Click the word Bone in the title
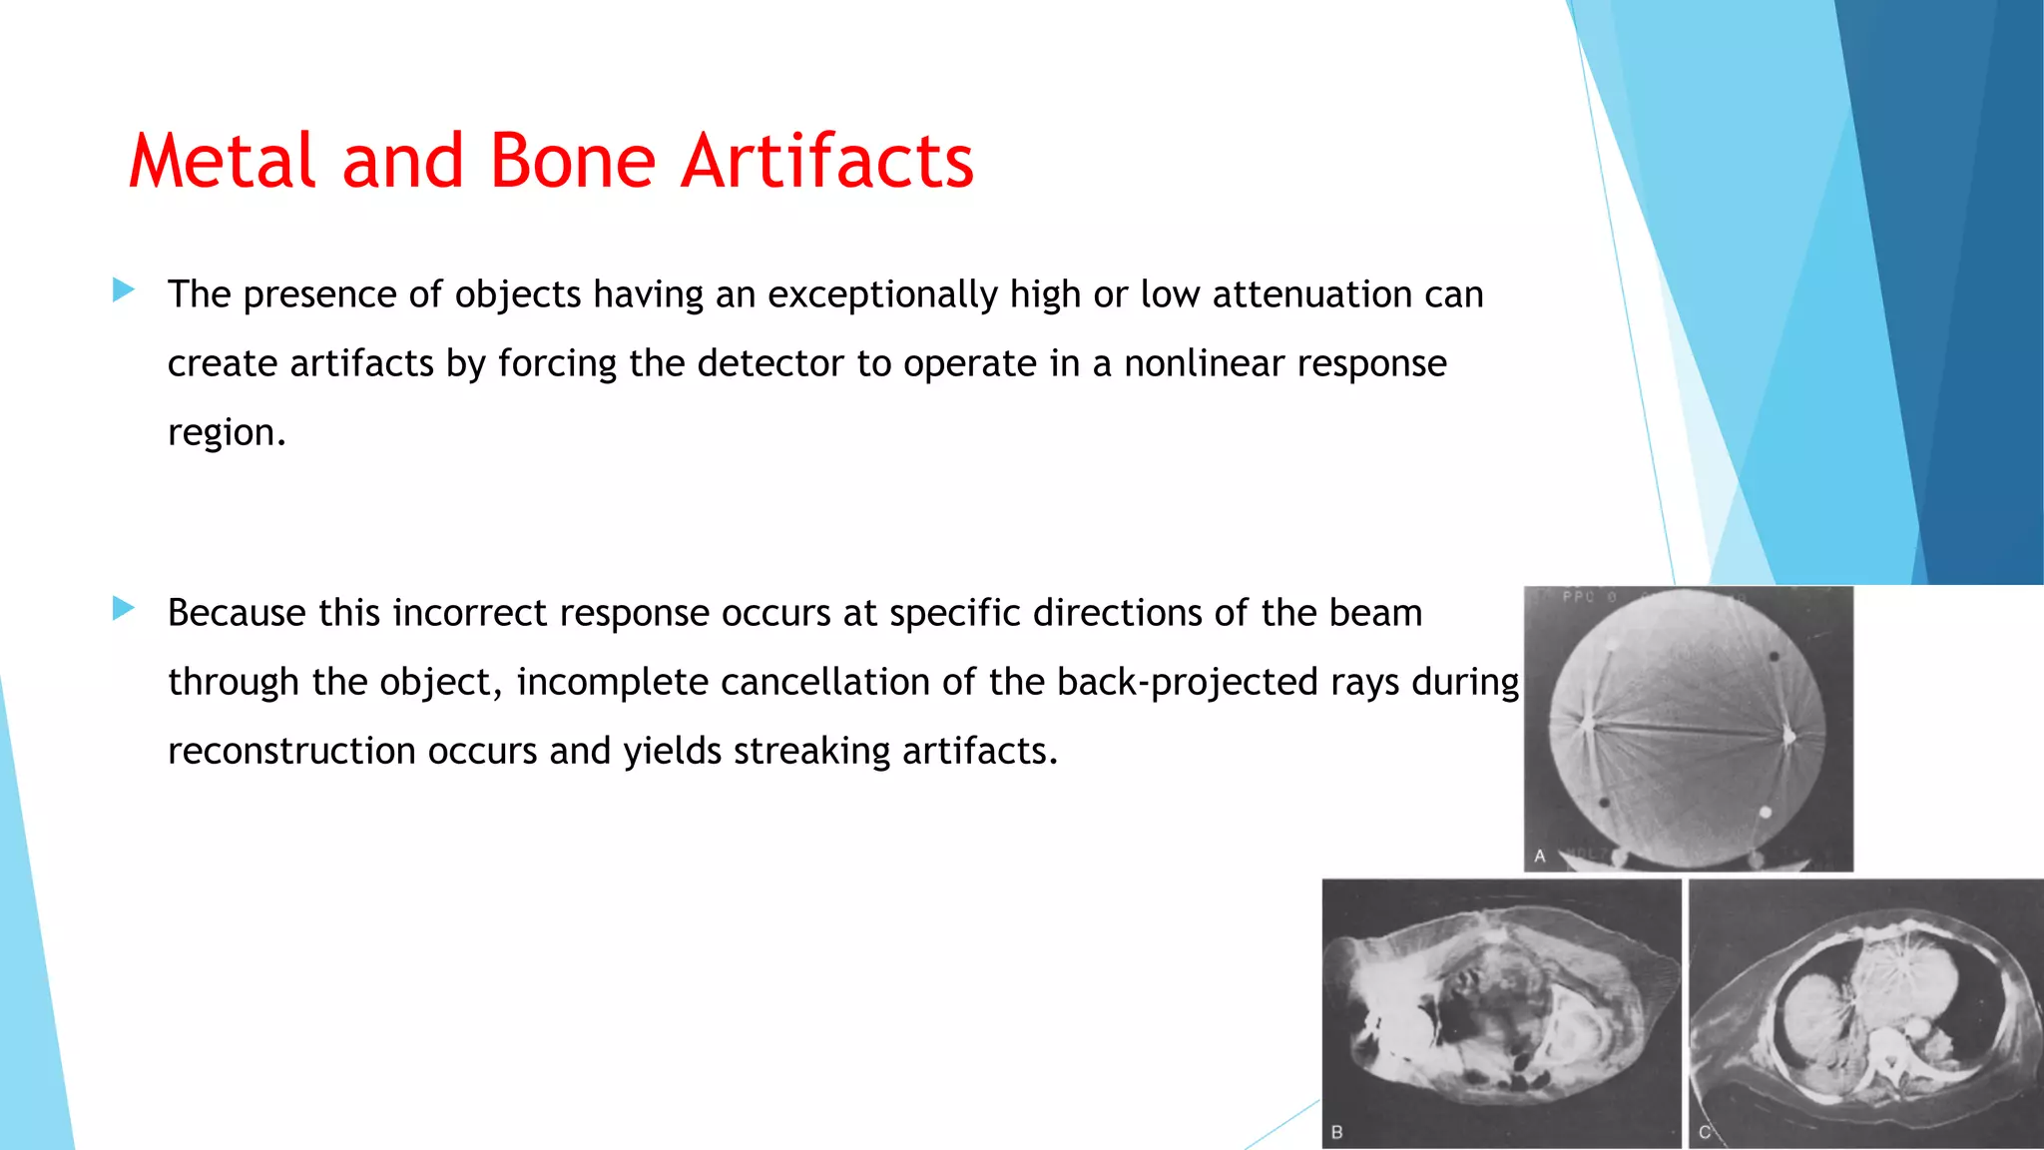572,161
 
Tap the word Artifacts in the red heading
826,161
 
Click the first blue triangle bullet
124,290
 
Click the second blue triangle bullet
124,608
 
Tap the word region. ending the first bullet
227,433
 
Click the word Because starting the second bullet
237,613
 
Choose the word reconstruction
291,752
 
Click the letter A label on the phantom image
1540,857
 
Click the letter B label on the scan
1337,1132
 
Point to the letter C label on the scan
1705,1132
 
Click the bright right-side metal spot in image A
1788,737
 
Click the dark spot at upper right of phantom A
1775,657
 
